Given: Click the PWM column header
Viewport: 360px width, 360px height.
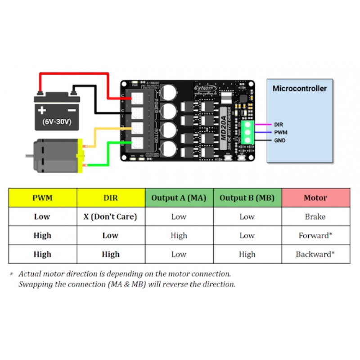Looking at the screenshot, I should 42,198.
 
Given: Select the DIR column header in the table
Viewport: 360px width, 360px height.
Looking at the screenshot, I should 110,198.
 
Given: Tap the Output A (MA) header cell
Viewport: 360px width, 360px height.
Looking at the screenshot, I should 179,198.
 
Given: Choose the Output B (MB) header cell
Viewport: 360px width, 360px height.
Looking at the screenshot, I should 247,198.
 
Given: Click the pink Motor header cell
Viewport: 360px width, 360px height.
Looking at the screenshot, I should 315,198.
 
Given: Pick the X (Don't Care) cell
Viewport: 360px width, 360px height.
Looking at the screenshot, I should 110,216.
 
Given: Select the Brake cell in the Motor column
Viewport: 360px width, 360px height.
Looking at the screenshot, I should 315,216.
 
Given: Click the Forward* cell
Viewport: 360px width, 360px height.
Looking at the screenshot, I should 315,235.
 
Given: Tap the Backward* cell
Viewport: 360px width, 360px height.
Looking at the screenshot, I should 315,254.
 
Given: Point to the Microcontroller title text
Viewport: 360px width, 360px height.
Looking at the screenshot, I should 299,89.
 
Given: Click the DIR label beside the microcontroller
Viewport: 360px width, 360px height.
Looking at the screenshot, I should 279,124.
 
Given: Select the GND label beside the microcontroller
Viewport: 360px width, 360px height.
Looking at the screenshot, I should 279,140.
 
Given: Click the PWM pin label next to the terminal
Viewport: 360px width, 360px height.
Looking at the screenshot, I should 280,132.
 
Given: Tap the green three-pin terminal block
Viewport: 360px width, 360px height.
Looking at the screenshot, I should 247,132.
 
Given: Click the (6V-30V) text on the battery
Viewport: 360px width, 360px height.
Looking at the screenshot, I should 57,121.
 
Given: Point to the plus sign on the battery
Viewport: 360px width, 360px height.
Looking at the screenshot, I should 42,110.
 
